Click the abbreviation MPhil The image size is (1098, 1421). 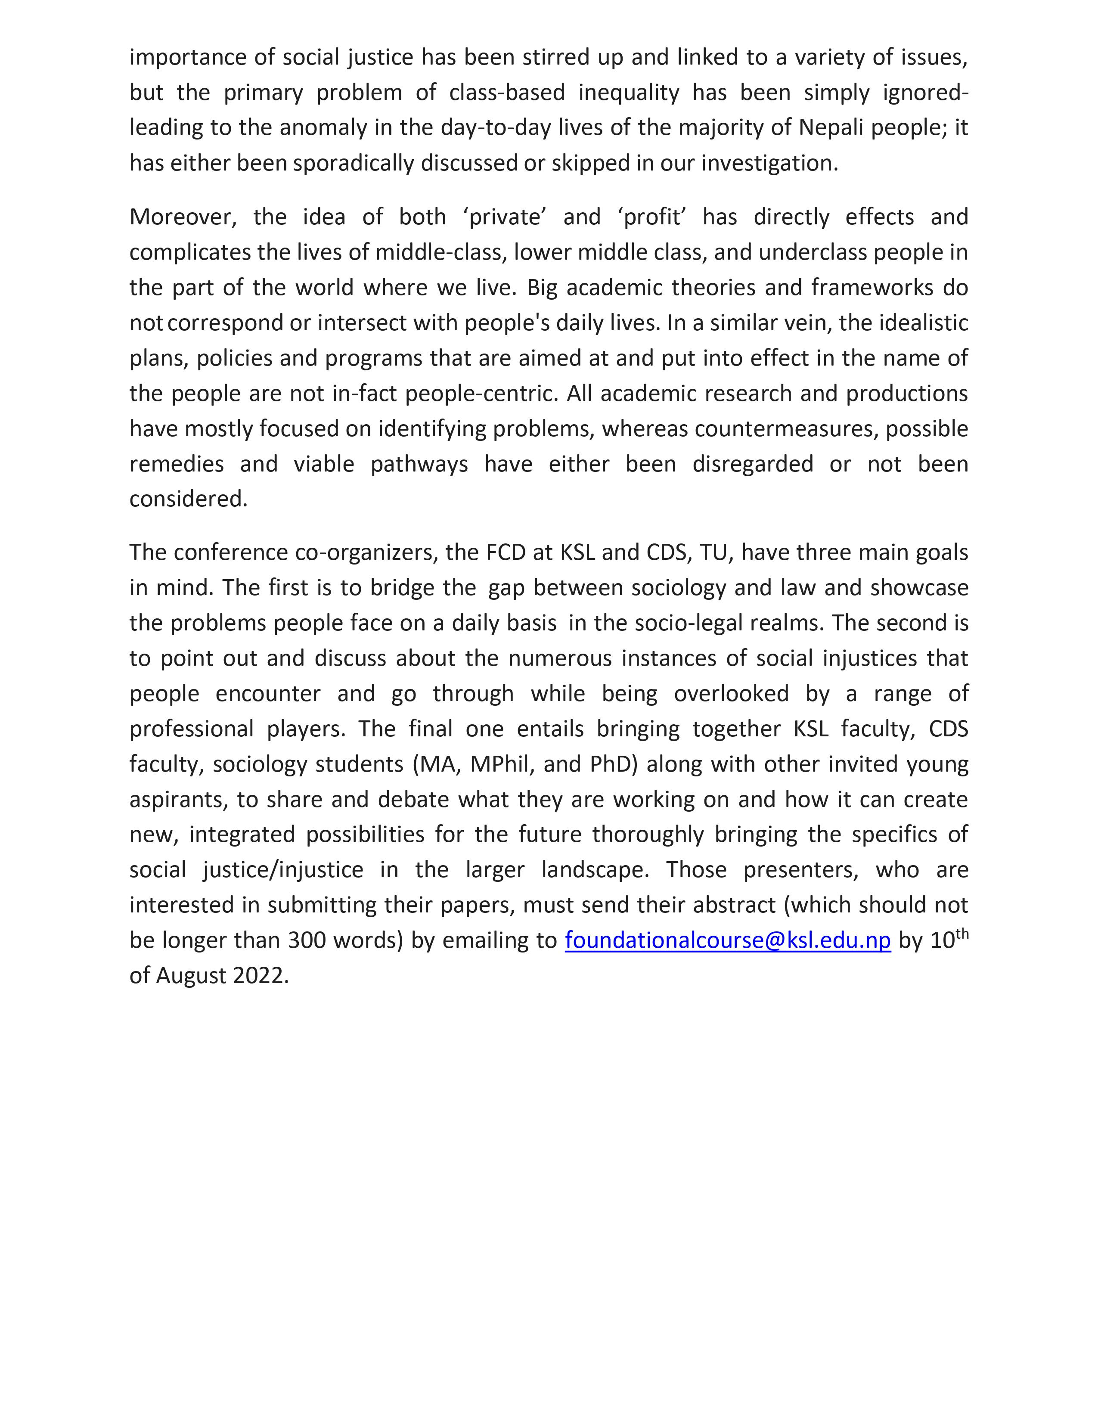pyautogui.click(x=500, y=764)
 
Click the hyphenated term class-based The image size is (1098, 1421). pyautogui.click(x=507, y=93)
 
